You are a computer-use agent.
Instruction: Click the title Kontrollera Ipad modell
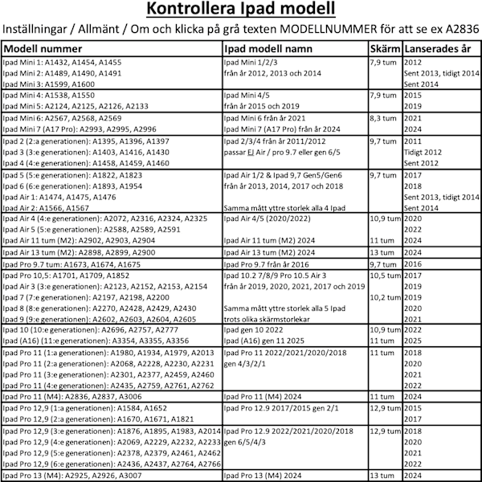tap(240, 10)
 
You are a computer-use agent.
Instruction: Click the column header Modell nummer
tap(48, 48)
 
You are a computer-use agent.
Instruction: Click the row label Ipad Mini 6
tap(24, 117)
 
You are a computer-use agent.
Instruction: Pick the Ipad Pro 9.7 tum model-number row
tap(72, 263)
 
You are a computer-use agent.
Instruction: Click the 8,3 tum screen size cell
tap(386, 117)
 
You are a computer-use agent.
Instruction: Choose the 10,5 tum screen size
tap(386, 275)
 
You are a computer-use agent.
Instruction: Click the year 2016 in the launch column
tap(413, 263)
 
